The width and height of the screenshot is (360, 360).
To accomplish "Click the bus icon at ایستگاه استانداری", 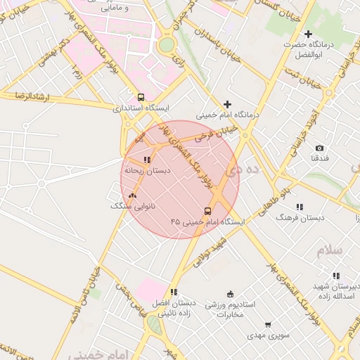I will tap(141, 98).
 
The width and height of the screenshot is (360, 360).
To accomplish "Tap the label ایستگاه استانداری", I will tap(141, 109).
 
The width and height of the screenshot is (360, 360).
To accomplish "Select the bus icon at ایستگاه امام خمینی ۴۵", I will tap(207, 211).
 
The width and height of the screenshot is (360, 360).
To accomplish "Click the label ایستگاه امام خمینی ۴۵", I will tap(207, 222).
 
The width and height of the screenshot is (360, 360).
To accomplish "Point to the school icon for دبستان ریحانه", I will tap(147, 160).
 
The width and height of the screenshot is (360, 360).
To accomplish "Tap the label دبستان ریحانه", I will tap(143, 170).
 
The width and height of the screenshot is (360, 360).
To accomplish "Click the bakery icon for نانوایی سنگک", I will tap(133, 196).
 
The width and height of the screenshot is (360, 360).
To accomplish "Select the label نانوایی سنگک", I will tap(131, 207).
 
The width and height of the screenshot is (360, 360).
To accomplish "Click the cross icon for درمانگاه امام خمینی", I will tap(227, 104).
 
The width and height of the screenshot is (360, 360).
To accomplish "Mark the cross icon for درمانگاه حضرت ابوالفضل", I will tap(308, 34).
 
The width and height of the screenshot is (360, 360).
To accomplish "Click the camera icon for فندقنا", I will tap(320, 148).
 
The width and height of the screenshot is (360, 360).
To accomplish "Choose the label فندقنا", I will tap(320, 158).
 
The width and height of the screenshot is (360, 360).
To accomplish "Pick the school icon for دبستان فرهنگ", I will tap(300, 207).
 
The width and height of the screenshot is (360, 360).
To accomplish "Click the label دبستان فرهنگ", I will tap(300, 218).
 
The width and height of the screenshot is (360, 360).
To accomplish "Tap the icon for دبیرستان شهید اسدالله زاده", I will tap(336, 276).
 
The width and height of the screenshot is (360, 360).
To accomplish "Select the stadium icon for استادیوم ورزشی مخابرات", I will tap(230, 294).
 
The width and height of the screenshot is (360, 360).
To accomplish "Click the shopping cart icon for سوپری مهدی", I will tap(268, 325).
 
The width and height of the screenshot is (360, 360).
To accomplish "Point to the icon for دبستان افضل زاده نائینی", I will tap(174, 292).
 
